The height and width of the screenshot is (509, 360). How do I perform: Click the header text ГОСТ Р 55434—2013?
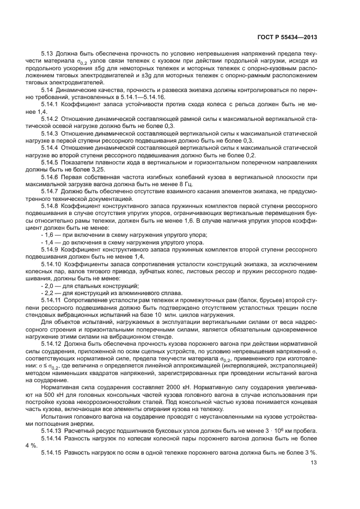tap(287, 38)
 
